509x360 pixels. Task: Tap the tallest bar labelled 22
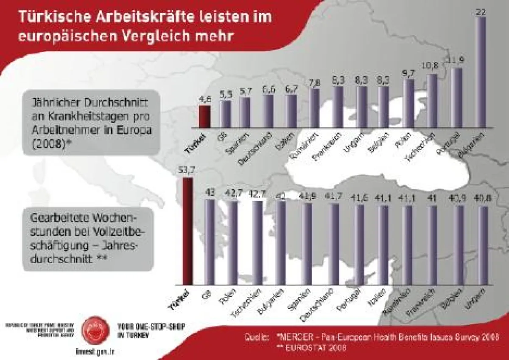coord(481,72)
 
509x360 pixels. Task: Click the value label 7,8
coord(314,82)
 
